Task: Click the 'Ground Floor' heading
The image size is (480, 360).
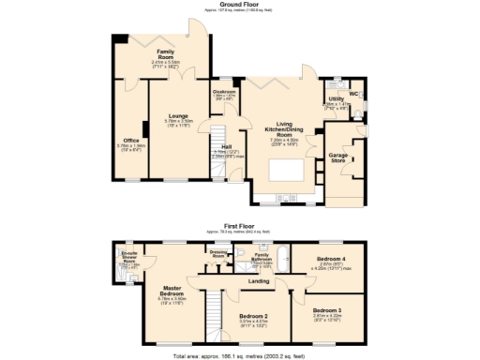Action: [x=239, y=4]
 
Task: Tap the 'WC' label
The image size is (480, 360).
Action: [x=353, y=94]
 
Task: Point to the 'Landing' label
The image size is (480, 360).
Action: [x=260, y=279]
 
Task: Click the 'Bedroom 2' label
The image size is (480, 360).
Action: [x=254, y=316]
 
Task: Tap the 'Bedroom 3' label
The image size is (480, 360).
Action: [x=327, y=309]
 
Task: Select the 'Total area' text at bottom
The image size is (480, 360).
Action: [x=239, y=356]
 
